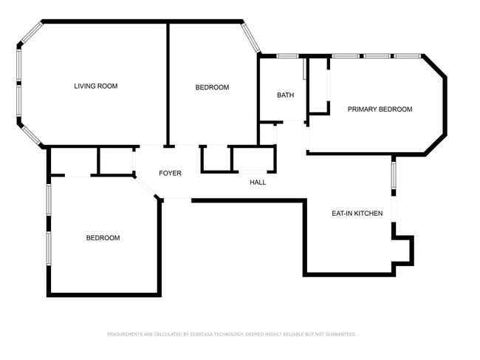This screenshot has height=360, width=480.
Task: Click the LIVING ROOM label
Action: pos(95,86)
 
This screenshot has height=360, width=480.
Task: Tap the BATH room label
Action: pos(285,95)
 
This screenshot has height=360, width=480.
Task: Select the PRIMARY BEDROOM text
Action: pos(380,109)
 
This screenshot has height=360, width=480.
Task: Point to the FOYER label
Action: pos(170,174)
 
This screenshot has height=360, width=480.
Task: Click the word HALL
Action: pos(258,183)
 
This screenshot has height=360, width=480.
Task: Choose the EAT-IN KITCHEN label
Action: pos(357,214)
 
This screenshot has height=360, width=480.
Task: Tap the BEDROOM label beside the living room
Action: pos(212,88)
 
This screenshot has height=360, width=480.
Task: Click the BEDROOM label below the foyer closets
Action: pos(103,238)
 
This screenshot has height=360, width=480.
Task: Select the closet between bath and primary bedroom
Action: pos(318,85)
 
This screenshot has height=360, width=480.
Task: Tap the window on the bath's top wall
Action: pos(287,55)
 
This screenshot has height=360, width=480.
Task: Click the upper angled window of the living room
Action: pos(30,33)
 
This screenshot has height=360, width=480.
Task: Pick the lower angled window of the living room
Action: pos(30,133)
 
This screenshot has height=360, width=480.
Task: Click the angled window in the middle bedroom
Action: pos(251,37)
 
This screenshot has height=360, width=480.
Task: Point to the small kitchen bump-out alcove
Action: pos(403,249)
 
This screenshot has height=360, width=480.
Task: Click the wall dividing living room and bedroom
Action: pos(168,83)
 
